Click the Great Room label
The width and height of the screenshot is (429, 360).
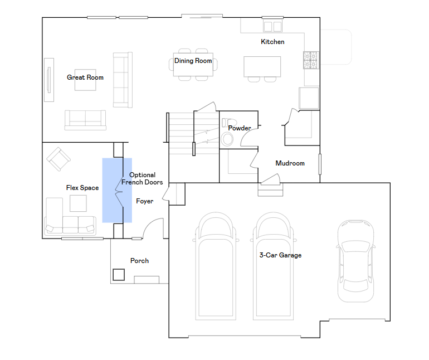[85, 77]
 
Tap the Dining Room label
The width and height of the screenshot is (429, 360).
[193, 61]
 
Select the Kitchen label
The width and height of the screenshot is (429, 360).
[272, 42]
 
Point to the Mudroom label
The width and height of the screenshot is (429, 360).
[290, 163]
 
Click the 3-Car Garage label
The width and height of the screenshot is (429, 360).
[280, 255]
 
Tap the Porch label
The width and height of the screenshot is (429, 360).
[139, 261]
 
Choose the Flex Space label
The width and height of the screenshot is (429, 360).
[82, 188]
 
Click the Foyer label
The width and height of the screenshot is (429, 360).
[145, 201]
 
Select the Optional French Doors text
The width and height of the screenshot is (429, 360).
[142, 178]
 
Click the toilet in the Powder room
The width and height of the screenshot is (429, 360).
[229, 122]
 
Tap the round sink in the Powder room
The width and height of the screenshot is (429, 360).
[227, 139]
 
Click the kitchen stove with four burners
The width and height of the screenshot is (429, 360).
[311, 60]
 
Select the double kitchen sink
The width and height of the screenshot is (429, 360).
[272, 27]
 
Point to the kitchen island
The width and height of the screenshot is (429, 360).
[262, 66]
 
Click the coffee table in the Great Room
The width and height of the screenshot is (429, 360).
[85, 80]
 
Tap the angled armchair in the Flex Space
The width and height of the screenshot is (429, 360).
[58, 159]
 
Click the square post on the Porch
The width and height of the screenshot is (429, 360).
[119, 275]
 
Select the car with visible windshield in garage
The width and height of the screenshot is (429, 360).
[355, 261]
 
